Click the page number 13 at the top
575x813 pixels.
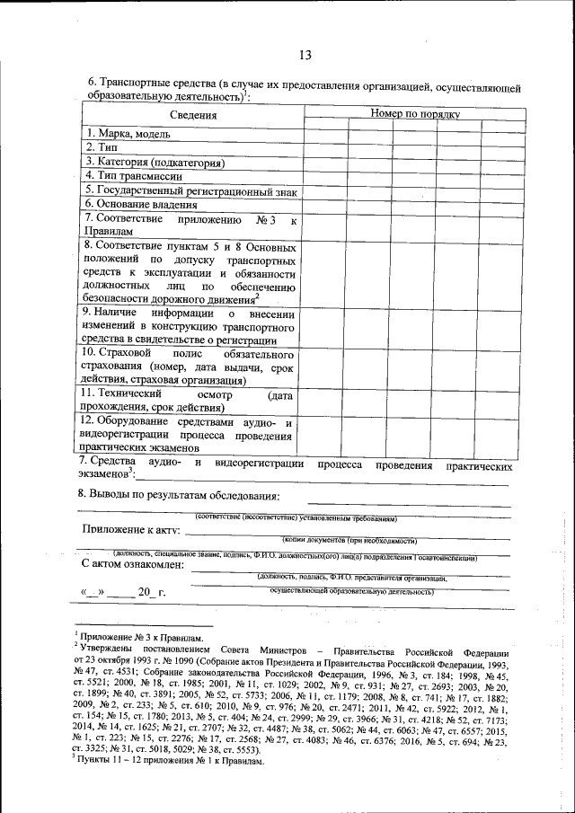[x=305, y=56]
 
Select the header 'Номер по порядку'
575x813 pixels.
[x=415, y=114]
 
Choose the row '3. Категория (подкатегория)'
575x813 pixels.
[x=154, y=162]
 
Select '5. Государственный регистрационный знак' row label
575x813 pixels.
[x=190, y=190]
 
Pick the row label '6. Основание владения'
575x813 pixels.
[x=140, y=205]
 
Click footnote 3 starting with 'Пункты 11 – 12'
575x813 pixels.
[x=171, y=760]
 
